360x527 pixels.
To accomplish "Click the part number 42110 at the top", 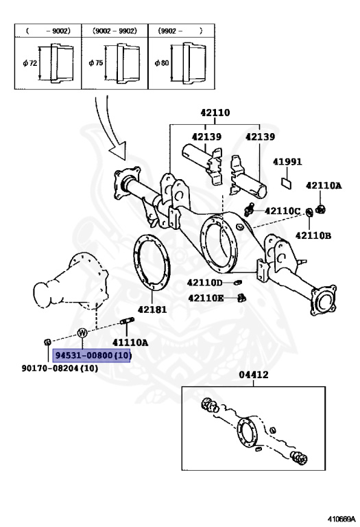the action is click(215, 113).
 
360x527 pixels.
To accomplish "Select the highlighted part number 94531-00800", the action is click(91, 355).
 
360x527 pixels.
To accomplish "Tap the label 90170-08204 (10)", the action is click(60, 368).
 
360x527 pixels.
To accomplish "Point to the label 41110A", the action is click(130, 342).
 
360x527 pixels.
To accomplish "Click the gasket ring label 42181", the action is click(152, 309).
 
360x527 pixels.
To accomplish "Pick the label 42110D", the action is click(205, 283).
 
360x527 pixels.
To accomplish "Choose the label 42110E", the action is click(206, 298).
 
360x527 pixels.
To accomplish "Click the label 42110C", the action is click(283, 211).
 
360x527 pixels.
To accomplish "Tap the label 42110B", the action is click(313, 236).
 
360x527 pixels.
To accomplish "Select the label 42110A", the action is click(324, 185).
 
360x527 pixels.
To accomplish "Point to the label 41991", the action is click(287, 162).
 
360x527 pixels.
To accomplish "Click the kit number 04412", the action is click(254, 375).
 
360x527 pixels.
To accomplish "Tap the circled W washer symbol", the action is click(82, 333).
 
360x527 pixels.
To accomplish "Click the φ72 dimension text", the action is click(30, 63).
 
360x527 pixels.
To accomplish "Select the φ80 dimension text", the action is click(162, 63).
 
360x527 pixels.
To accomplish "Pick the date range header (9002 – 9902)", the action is click(115, 31).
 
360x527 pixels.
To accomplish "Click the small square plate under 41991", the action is click(286, 183).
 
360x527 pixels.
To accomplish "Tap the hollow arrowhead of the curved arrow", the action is click(117, 150).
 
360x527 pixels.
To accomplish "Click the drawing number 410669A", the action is click(341, 519).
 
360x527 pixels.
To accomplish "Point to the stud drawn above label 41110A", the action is click(128, 321).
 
